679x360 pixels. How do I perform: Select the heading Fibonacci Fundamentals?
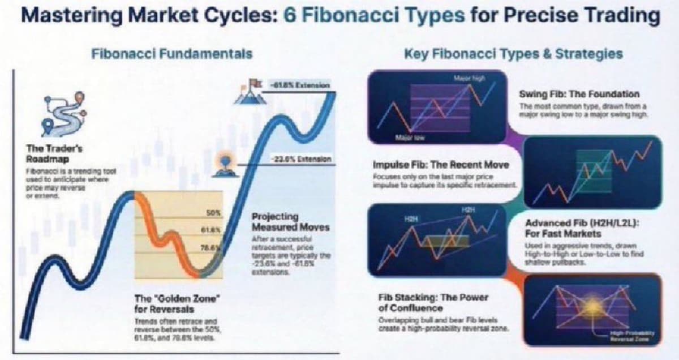coord(172,54)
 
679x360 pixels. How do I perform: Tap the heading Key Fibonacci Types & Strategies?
coord(514,54)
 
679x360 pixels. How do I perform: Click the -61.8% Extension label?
coord(299,85)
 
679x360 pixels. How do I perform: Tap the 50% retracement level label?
coord(213,213)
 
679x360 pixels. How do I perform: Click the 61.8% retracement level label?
coord(212,230)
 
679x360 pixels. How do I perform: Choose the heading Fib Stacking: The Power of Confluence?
coord(433,303)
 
